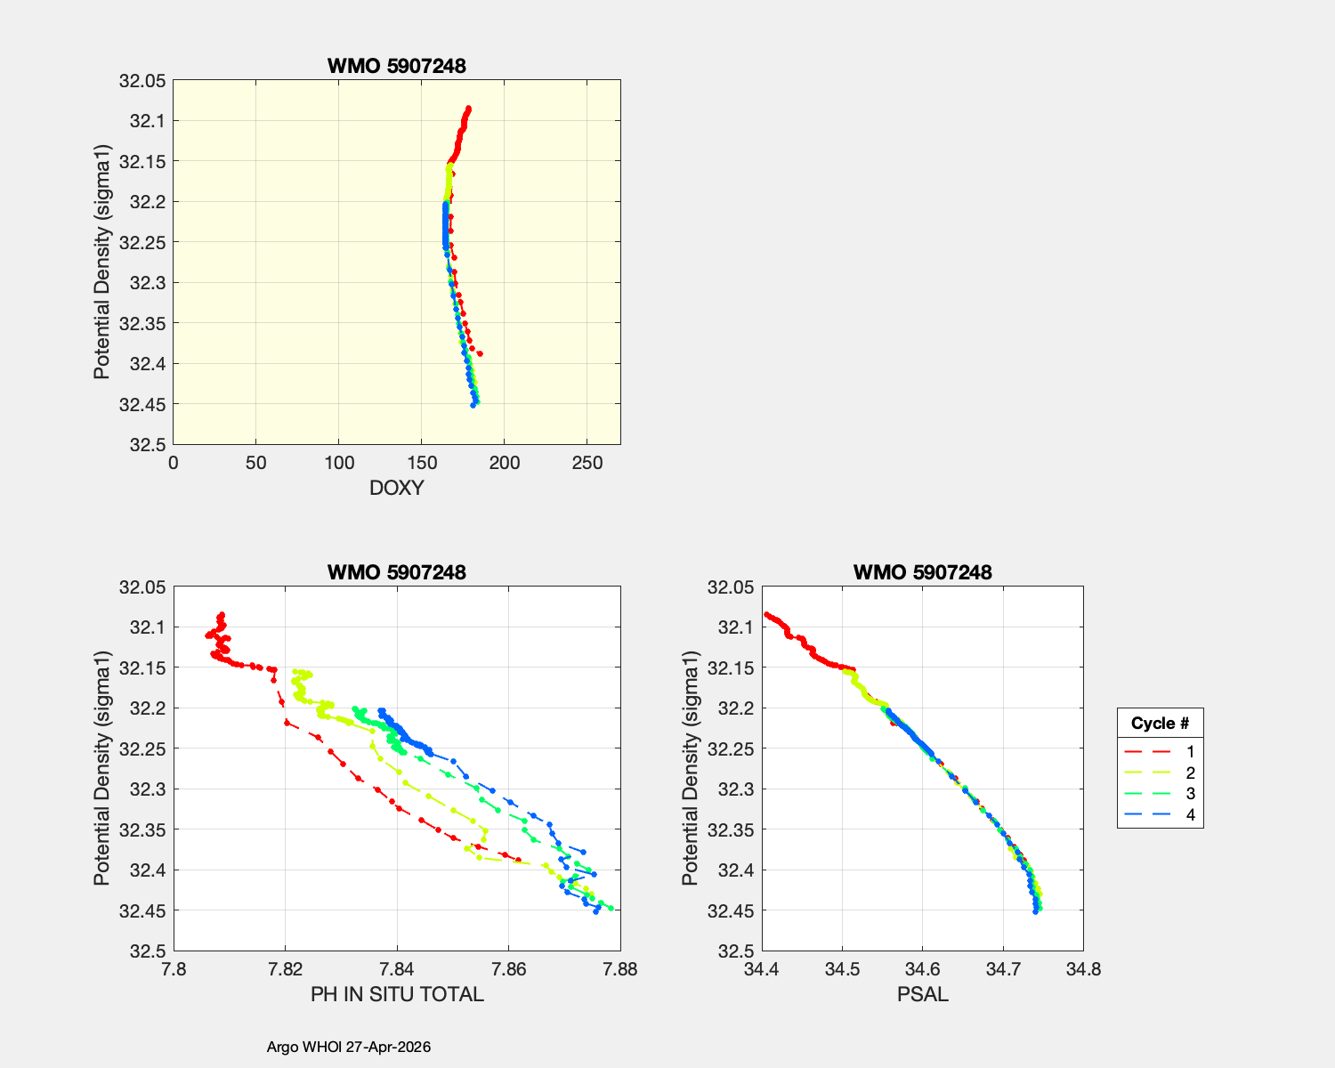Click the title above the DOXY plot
click(396, 66)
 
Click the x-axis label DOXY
click(396, 488)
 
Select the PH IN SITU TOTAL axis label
click(397, 994)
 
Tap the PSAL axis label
click(922, 994)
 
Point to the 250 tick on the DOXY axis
click(587, 463)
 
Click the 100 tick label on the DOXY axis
click(339, 463)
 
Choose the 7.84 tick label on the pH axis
click(397, 969)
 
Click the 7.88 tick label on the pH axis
click(620, 969)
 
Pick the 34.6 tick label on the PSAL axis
click(922, 969)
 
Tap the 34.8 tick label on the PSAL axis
click(1084, 969)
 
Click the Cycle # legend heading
click(1160, 723)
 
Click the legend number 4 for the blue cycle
click(1191, 815)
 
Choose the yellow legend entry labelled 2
click(1191, 773)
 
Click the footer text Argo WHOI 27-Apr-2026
click(349, 1047)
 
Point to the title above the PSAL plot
click(922, 572)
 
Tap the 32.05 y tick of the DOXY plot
click(142, 81)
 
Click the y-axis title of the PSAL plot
click(690, 768)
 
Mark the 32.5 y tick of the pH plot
click(148, 951)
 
